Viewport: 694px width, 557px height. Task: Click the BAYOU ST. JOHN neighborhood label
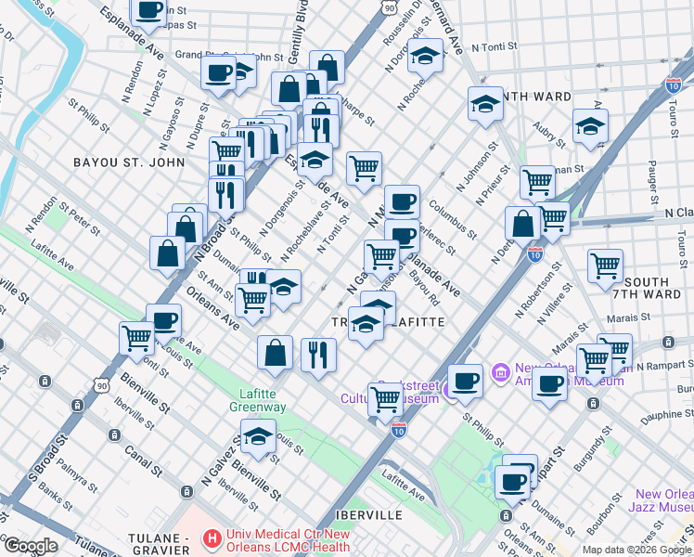[x=122, y=162]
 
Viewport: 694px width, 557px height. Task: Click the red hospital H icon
[x=212, y=538]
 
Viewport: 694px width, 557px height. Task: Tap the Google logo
[x=31, y=546]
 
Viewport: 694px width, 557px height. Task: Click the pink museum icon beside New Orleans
[x=502, y=373]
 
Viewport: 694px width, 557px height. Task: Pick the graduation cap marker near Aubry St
[x=590, y=127]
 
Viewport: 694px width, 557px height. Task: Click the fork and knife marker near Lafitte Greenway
[x=318, y=354]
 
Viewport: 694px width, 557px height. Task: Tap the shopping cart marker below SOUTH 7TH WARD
[x=593, y=358]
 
